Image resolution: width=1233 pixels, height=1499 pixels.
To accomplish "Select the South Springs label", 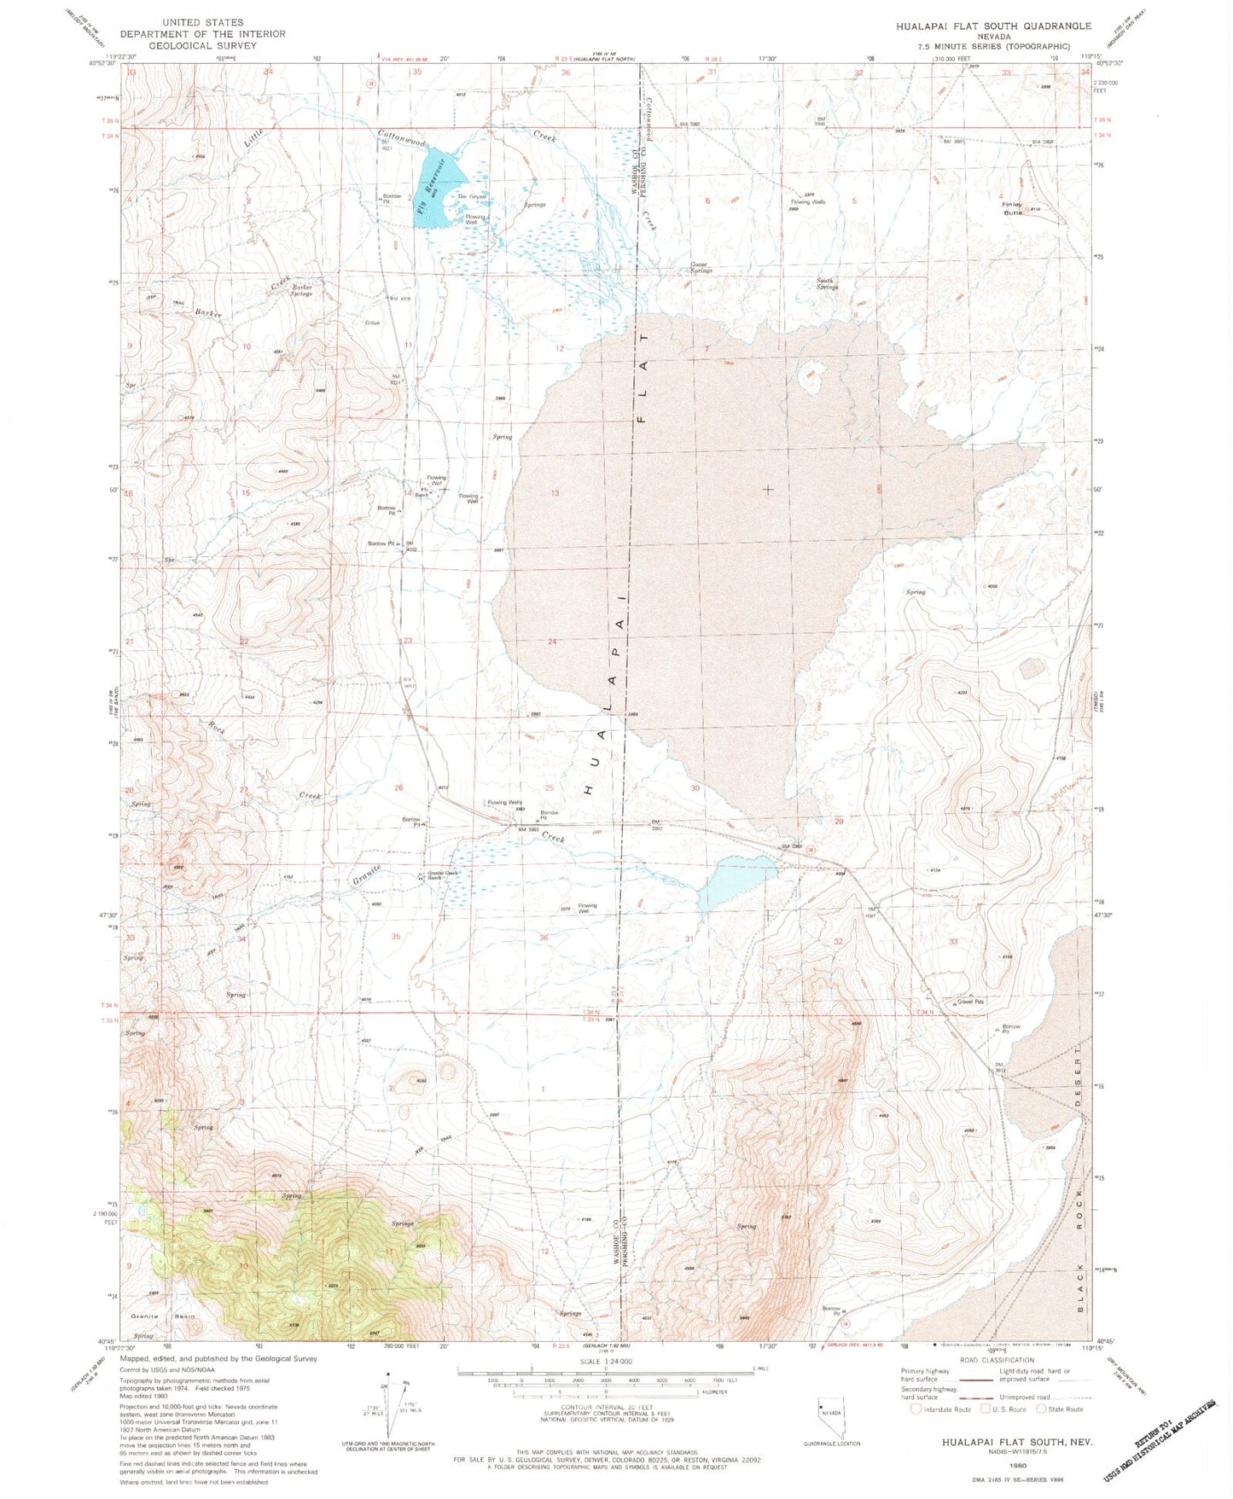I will (827, 283).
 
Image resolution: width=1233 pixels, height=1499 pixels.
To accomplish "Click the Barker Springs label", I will (302, 290).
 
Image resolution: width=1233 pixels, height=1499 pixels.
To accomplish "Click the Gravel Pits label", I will (970, 1002).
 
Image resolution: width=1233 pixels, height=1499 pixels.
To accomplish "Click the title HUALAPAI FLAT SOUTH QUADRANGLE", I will (993, 26).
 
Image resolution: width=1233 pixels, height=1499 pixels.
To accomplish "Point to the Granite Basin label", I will (162, 1316).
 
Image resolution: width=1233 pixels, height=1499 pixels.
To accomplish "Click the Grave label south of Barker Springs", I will (373, 323).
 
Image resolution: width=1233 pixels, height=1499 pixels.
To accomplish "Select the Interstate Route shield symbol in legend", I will (916, 1409).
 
